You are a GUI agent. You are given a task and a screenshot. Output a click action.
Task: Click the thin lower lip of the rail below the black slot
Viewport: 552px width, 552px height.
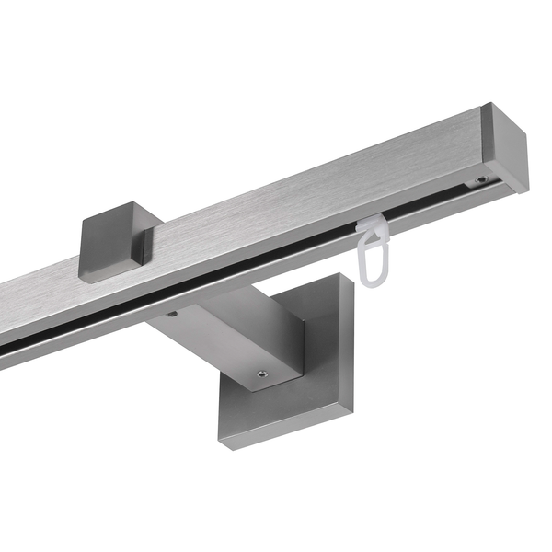click(x=230, y=276)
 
